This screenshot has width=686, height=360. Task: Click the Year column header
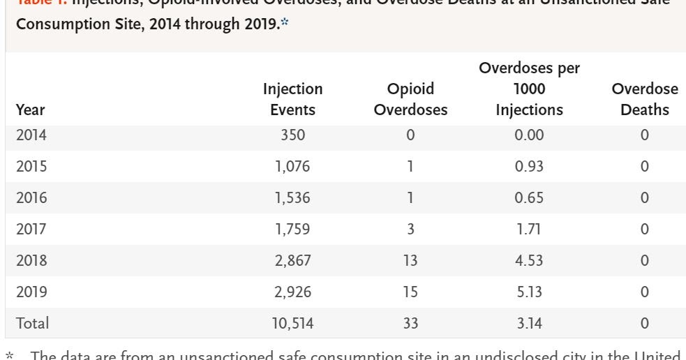pos(31,110)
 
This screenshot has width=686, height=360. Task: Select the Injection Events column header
pos(292,99)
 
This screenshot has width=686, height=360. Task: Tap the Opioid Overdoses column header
pos(410,99)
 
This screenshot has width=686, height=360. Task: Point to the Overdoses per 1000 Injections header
pos(529,89)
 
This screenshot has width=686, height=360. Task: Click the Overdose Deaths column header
pos(644,99)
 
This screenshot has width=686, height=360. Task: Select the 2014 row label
pos(31,135)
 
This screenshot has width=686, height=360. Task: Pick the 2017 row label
pos(31,229)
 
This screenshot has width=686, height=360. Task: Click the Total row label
pos(33,323)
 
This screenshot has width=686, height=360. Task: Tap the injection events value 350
pos(292,135)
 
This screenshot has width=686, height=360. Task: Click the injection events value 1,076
pos(292,166)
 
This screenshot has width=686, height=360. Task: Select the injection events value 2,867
pos(292,260)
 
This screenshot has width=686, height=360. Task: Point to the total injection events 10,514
pos(292,323)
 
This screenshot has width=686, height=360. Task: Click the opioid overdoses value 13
pos(410,260)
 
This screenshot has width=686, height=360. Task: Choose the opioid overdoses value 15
pos(410,292)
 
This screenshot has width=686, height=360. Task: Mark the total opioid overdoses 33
pos(410,323)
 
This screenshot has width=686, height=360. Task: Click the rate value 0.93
pos(529,166)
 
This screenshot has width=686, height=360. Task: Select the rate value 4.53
pos(529,260)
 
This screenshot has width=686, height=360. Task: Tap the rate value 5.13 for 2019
pos(529,292)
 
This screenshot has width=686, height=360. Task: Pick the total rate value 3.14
pos(529,323)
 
